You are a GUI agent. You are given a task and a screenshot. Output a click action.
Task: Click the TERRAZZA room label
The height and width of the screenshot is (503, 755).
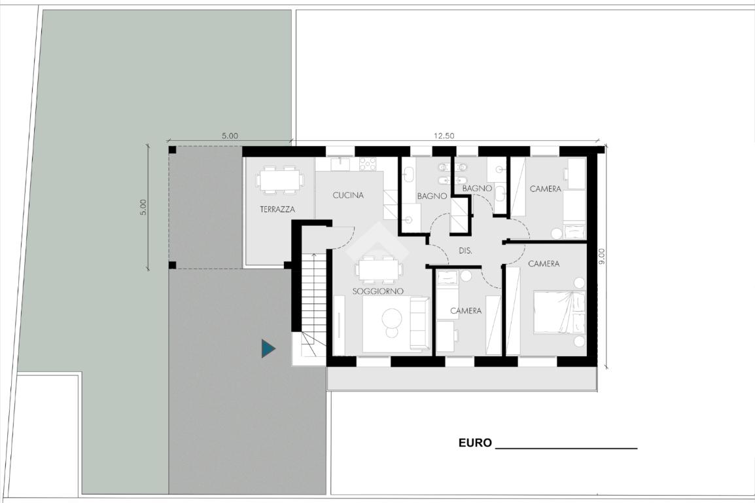coord(277,209)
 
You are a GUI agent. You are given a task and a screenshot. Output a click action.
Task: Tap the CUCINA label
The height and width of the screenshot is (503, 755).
coord(348,195)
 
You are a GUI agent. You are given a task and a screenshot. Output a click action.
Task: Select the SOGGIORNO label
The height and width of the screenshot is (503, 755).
coord(378,291)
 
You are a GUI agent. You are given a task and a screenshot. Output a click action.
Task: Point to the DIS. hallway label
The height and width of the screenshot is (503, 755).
coord(466,251)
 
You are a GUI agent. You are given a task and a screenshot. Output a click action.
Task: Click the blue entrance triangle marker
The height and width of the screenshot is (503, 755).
coord(268,348)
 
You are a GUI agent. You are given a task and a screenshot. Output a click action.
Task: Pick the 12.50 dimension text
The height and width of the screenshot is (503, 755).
coord(444,136)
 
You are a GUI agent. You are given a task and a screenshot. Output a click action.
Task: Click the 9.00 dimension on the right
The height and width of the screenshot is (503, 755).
coord(601,256)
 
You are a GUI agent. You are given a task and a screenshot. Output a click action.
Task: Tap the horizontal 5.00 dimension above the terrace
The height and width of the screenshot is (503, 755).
coord(230,136)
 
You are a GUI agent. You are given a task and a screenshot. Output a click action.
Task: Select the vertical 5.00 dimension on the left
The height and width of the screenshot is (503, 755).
coord(143,207)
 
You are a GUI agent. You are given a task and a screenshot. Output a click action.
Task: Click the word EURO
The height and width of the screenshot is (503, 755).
coord(475,443)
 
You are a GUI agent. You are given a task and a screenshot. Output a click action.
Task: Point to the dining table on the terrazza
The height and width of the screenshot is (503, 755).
coord(279,180)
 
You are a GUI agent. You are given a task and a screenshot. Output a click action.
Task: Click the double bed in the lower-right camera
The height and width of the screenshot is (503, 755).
coord(559,312)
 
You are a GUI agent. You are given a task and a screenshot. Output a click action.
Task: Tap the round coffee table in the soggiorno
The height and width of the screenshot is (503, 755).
coord(392,318)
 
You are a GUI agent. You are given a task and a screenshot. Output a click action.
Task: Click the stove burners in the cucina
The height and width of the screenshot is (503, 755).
coord(368,164)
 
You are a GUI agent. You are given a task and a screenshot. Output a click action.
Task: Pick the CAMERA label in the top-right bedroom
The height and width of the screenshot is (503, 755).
coord(546,189)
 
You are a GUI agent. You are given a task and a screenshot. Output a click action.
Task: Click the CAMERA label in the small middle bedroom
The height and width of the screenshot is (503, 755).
coord(466,310)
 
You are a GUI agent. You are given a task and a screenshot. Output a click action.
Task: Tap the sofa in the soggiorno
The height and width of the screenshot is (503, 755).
coord(419,324)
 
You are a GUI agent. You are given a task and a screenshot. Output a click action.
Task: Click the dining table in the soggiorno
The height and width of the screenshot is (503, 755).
coord(379,270)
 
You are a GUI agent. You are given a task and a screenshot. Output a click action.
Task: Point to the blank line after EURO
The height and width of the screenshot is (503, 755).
coord(567,448)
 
